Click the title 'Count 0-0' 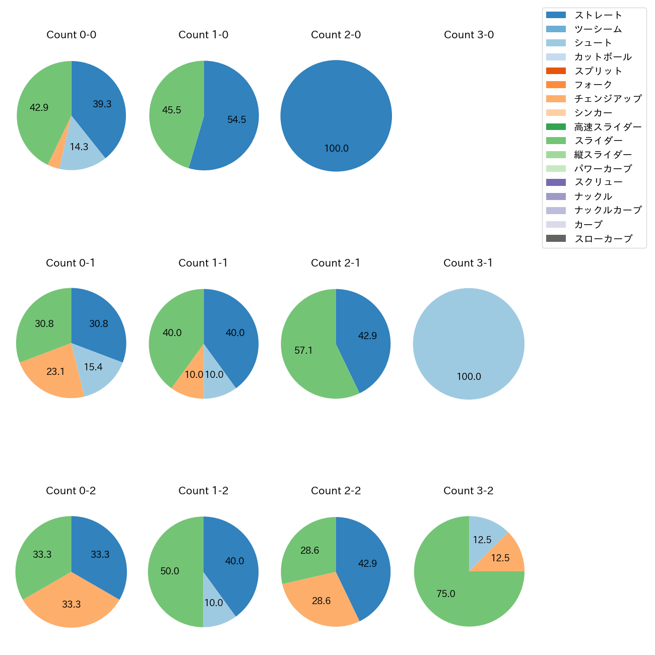click(x=72, y=35)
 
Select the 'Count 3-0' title click(x=469, y=35)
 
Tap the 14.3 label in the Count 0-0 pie click(x=79, y=147)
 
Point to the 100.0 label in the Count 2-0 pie click(x=336, y=149)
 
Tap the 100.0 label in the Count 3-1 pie click(x=469, y=377)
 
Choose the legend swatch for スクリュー click(x=556, y=182)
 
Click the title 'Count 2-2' click(x=336, y=491)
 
